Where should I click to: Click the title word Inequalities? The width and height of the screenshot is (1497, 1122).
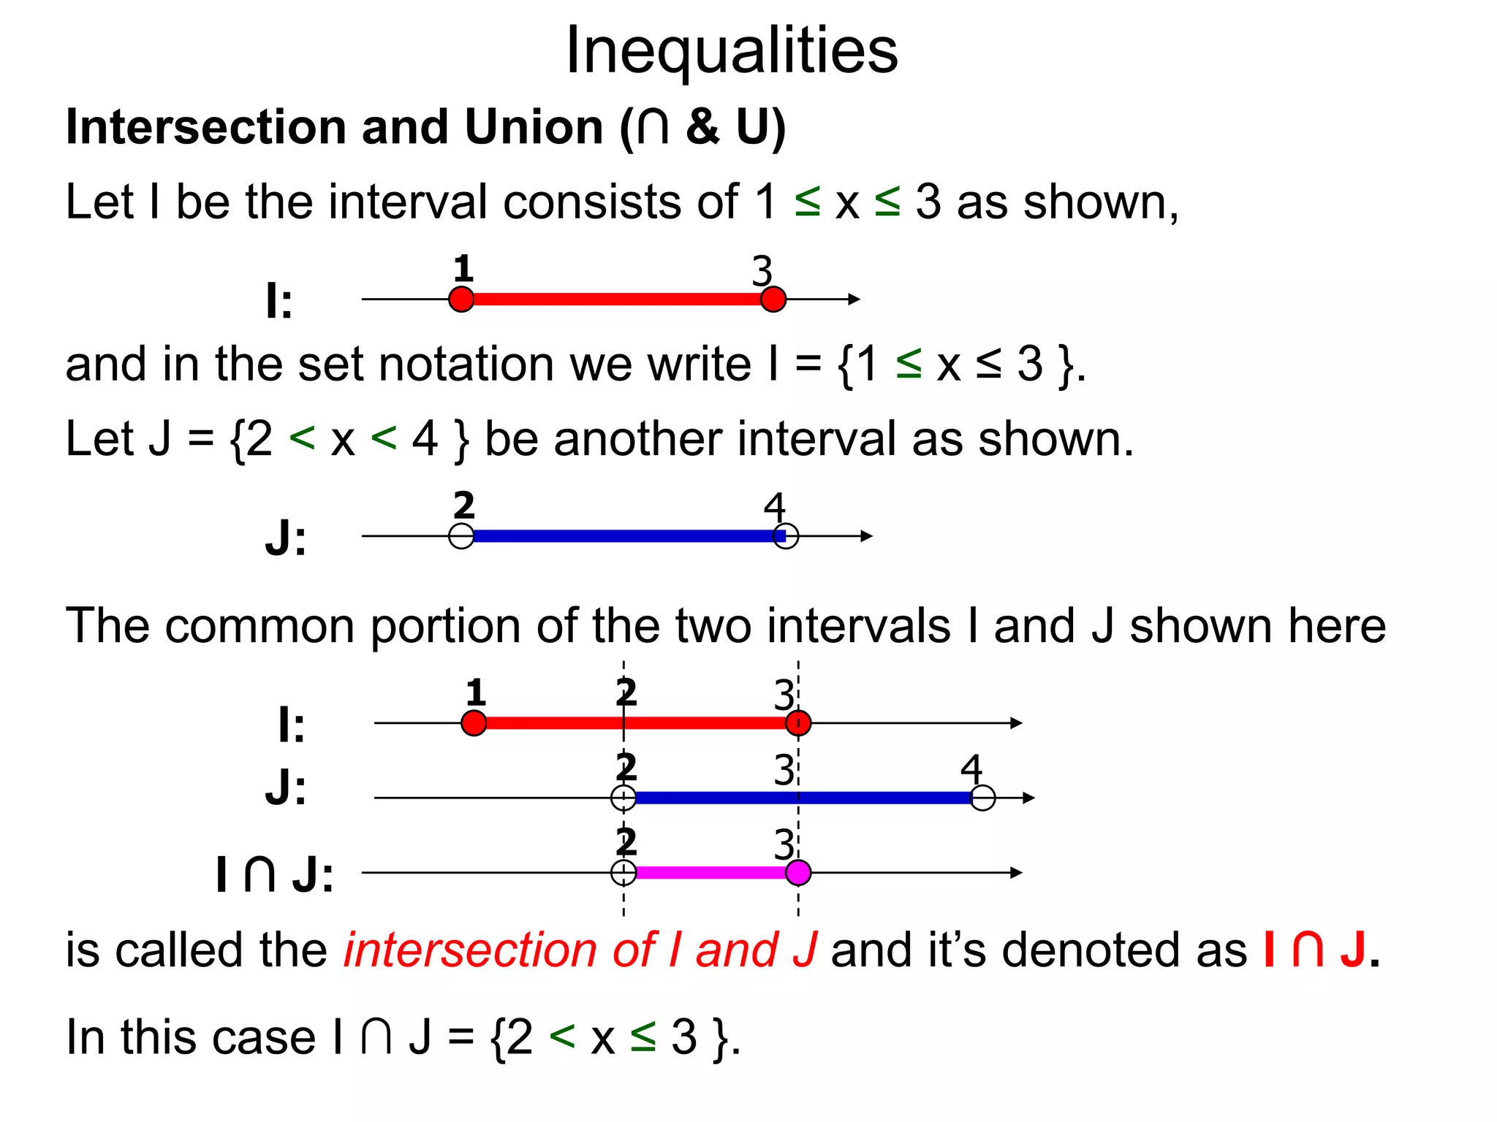732,51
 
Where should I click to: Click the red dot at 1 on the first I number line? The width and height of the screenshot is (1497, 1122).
461,299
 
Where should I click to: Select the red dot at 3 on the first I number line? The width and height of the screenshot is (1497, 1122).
773,299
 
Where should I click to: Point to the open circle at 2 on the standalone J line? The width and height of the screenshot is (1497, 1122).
461,536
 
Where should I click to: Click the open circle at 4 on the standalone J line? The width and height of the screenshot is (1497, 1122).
786,536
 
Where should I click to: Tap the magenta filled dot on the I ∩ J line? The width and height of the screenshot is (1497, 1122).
798,872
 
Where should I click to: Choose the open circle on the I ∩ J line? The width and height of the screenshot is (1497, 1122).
624,872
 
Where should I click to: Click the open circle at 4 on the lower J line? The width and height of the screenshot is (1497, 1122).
983,798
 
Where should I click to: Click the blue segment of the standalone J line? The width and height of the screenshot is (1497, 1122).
621,536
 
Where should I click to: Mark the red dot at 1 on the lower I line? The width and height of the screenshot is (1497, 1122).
474,723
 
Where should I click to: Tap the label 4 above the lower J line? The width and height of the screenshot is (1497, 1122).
971,769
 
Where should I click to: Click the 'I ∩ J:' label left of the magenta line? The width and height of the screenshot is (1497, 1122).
275,875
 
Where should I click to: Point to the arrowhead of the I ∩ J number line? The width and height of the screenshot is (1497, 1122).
1016,872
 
